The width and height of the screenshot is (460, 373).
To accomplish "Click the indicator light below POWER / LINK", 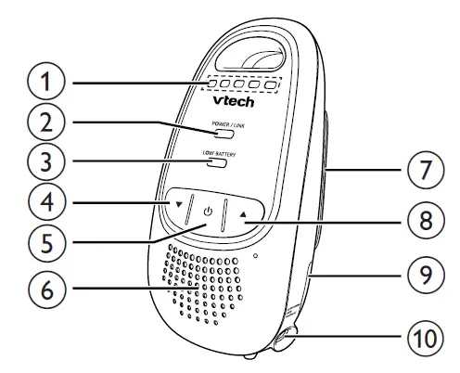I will pos(219,135).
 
